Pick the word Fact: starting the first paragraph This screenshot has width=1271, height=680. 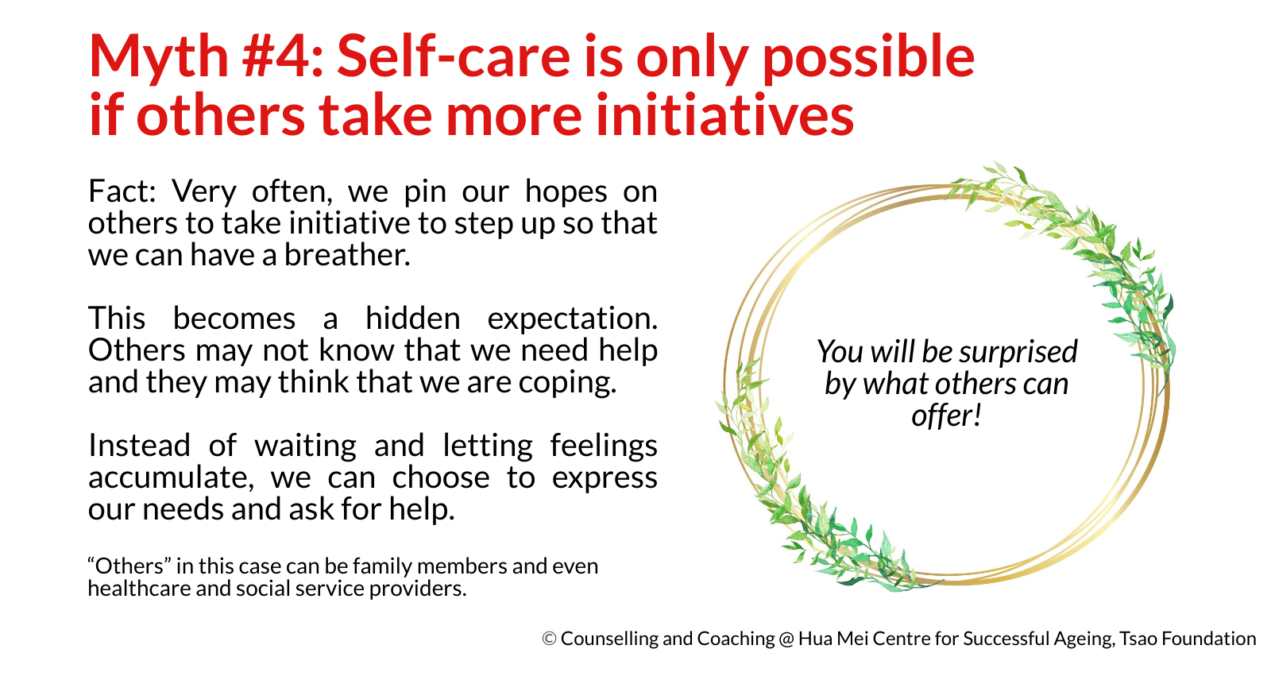[x=122, y=191]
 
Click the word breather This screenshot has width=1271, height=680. [x=346, y=254]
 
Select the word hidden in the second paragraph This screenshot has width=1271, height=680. [x=412, y=318]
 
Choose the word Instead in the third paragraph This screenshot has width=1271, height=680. [x=139, y=445]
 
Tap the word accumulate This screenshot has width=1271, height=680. [x=171, y=477]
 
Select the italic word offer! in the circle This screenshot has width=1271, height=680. [x=946, y=416]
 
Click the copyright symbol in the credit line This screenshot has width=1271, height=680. [x=549, y=639]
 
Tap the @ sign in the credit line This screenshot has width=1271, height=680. [x=786, y=639]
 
